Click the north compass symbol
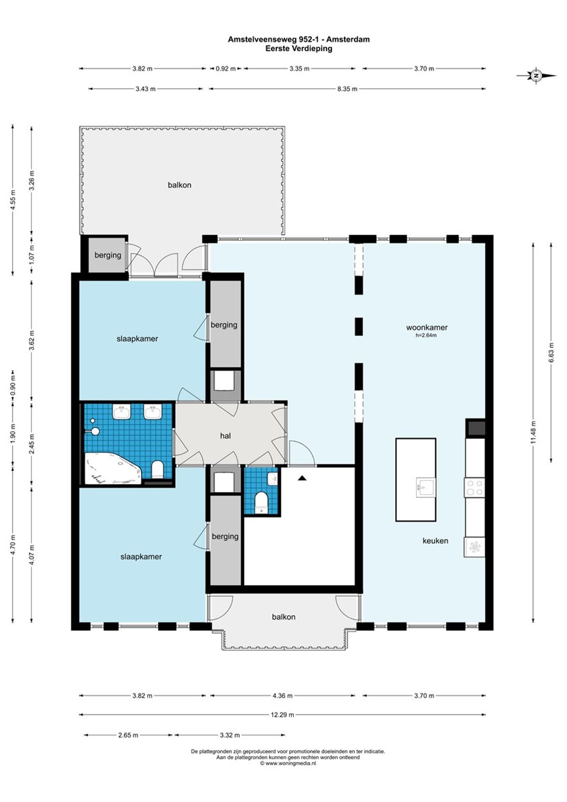[536, 76]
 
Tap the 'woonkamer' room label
[427, 327]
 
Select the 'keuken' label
[435, 541]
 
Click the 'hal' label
[225, 436]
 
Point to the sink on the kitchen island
[426, 487]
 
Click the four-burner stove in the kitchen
[475, 488]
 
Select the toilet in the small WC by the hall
[262, 502]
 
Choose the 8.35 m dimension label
[347, 89]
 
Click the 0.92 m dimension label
[226, 69]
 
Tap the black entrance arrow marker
[302, 477]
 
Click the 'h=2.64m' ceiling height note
[426, 335]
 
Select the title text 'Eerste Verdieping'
[299, 48]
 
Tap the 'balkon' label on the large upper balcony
[180, 185]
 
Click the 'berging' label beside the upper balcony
[108, 255]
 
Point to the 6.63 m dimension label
[552, 353]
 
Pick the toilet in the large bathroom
[157, 469]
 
